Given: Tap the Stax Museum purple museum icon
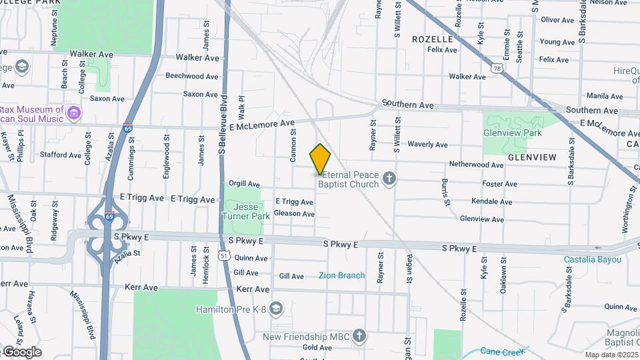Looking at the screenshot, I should click(74, 114).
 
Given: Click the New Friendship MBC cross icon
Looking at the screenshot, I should click(359, 335).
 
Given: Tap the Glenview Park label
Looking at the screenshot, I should click(513, 133).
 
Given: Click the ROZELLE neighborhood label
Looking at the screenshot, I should click(432, 39).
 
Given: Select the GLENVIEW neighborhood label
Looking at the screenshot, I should click(531, 157).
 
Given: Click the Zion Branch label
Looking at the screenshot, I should click(341, 275).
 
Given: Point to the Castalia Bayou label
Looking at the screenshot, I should click(592, 259).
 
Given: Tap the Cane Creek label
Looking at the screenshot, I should click(503, 351).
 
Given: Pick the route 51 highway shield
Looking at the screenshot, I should click(225, 255).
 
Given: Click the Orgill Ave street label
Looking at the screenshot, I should click(244, 183).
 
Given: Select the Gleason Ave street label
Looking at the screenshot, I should click(294, 214).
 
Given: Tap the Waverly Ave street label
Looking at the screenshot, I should click(427, 144).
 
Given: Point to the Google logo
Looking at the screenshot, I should click(22, 352).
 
